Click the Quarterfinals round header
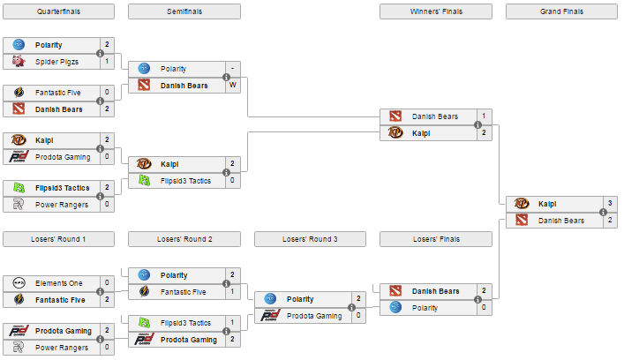point(58,11)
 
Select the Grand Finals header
point(561,11)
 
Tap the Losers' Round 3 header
point(310,239)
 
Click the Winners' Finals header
point(436,11)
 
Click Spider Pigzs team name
point(56,62)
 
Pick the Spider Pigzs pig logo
point(19,61)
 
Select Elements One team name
point(59,283)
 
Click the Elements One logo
point(19,283)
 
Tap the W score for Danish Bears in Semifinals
point(233,85)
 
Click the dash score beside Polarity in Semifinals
point(233,69)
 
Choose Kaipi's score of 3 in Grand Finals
point(610,203)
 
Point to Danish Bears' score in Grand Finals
point(610,220)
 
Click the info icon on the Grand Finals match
point(604,212)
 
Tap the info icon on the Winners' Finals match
point(478,125)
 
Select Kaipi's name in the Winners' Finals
point(421,133)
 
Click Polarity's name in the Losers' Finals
point(425,308)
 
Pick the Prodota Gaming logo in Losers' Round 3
point(270,316)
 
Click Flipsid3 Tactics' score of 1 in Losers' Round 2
point(233,322)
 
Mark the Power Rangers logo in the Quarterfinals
point(19,204)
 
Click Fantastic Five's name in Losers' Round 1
point(60,300)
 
